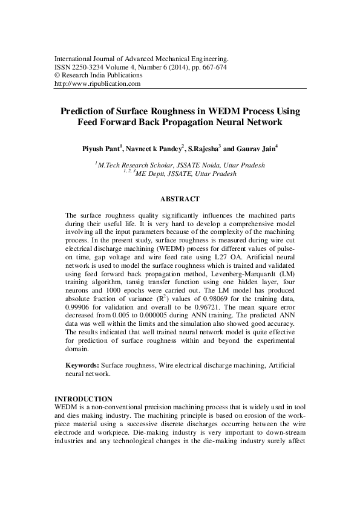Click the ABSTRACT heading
point(180,198)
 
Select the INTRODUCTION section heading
point(83,399)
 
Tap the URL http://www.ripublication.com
point(97,84)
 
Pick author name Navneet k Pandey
point(154,149)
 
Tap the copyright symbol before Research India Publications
point(57,76)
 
